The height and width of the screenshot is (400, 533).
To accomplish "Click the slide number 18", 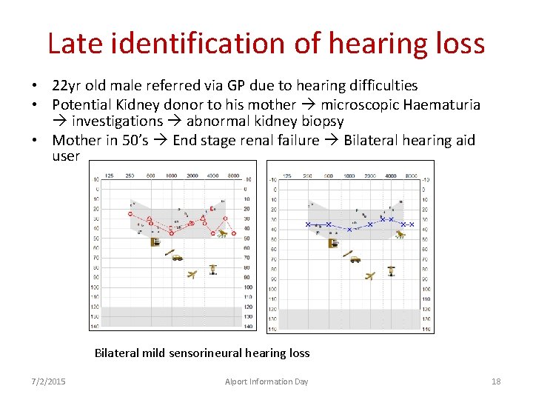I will [x=496, y=381].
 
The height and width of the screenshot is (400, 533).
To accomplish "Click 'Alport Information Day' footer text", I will [x=266, y=381].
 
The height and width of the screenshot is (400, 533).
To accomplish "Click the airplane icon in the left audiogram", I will [x=192, y=275].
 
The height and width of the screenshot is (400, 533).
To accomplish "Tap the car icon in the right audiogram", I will [x=355, y=259].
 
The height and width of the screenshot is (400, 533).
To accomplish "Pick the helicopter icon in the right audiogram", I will [x=391, y=270].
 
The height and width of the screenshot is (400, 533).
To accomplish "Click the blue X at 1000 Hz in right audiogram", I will [x=350, y=230].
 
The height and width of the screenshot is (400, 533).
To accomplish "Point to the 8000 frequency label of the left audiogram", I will [x=233, y=176].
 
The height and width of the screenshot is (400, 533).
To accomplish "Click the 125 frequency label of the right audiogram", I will [x=287, y=176].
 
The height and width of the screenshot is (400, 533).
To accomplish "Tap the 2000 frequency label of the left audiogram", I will [x=191, y=176].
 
